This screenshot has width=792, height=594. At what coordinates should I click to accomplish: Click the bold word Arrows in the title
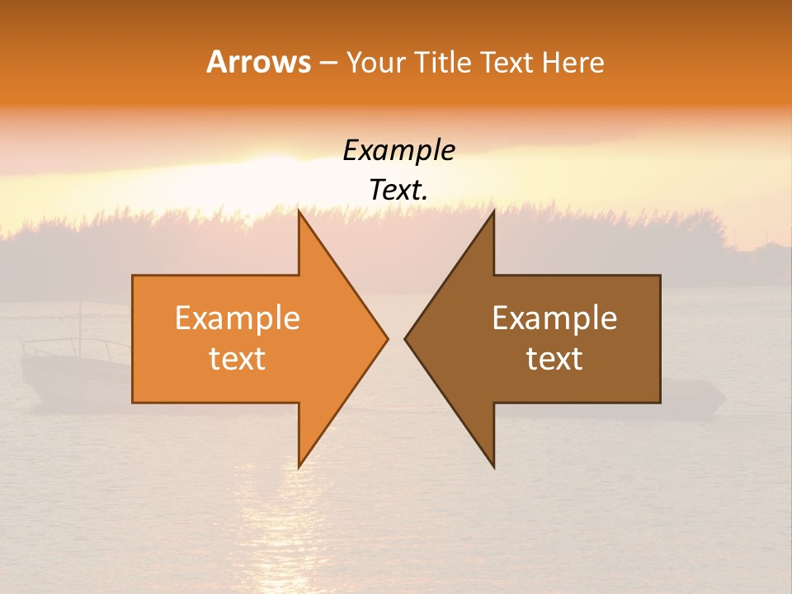pyautogui.click(x=258, y=62)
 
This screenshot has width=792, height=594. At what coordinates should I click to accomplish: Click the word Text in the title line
pyautogui.click(x=507, y=62)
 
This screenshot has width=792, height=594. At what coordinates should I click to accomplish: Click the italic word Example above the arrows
pyautogui.click(x=398, y=151)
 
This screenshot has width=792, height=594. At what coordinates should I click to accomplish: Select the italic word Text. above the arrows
pyautogui.click(x=398, y=190)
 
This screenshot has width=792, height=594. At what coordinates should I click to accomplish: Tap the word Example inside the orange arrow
pyautogui.click(x=238, y=318)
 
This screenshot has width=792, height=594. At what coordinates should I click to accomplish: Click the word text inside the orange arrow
pyautogui.click(x=238, y=359)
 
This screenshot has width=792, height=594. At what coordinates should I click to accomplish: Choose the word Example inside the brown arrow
pyautogui.click(x=554, y=318)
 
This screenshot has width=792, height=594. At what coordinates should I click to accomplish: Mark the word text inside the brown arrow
pyautogui.click(x=554, y=359)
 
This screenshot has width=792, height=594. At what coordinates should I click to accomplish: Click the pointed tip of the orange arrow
pyautogui.click(x=387, y=338)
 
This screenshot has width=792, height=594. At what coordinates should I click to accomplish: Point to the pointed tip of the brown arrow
pyautogui.click(x=406, y=338)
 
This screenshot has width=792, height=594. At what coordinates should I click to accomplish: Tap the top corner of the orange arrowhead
pyautogui.click(x=299, y=211)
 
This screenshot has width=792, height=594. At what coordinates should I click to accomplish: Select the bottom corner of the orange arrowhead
pyautogui.click(x=299, y=466)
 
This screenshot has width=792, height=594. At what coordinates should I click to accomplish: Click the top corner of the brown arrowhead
pyautogui.click(x=493, y=211)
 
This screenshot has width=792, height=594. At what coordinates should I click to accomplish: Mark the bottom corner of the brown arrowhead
pyautogui.click(x=493, y=466)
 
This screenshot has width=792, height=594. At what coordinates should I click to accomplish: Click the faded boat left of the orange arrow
pyautogui.click(x=74, y=371)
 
